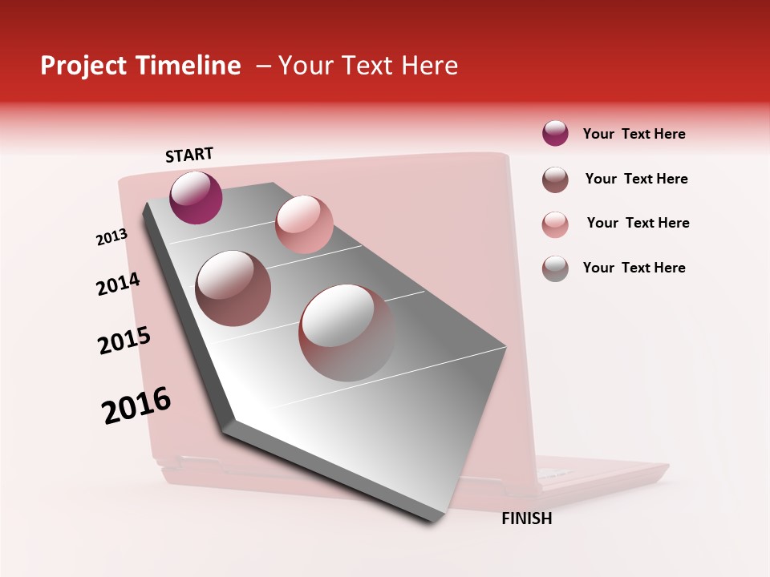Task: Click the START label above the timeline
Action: pos(189,155)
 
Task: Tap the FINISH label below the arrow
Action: pos(526,518)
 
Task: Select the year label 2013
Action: pos(112,237)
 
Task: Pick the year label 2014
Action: pos(118,284)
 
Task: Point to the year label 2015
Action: pos(124,341)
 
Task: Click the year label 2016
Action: pos(136,406)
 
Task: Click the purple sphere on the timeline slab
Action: pos(196,197)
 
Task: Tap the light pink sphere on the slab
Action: pos(304,224)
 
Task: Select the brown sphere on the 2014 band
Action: pos(233,288)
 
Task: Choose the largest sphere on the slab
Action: pos(346,333)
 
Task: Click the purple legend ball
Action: pos(555,134)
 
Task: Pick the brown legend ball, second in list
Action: pos(555,180)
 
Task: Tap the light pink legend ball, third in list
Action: pos(555,224)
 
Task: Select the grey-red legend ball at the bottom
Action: pos(555,268)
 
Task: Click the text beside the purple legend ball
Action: pos(634,135)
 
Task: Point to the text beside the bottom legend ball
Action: pos(634,268)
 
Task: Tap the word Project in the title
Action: pos(83,66)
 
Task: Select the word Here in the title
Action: pos(429,66)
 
